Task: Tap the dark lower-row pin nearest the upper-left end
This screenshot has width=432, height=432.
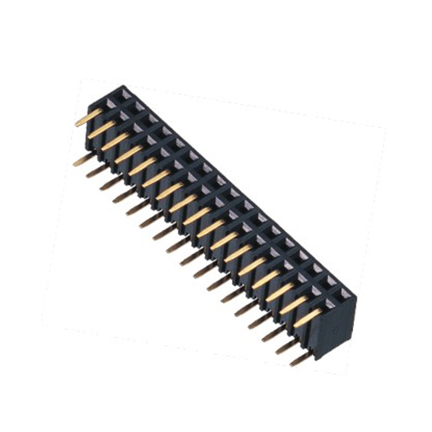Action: tap(84, 159)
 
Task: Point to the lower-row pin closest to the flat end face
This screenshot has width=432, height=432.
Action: tap(301, 359)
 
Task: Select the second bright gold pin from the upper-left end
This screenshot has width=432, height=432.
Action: tap(102, 129)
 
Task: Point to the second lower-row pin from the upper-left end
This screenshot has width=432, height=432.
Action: tap(98, 171)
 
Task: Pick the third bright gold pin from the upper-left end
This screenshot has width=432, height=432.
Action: tap(115, 141)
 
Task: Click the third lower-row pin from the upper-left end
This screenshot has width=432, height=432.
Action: tap(111, 184)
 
